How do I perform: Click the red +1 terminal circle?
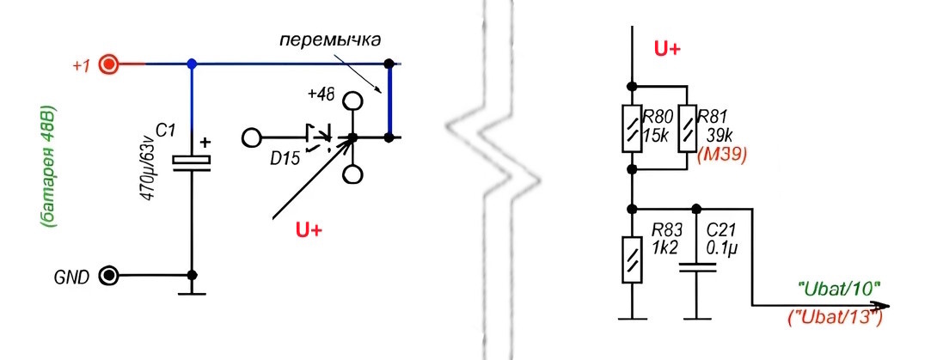pyautogui.click(x=109, y=64)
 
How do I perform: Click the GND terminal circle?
pyautogui.click(x=109, y=277)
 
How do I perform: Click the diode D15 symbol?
pyautogui.click(x=315, y=137)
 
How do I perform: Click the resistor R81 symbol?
pyautogui.click(x=686, y=127)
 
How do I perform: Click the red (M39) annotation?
pyautogui.click(x=720, y=155)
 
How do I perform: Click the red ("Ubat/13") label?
pyautogui.click(x=836, y=318)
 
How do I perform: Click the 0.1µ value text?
pyautogui.click(x=723, y=247)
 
